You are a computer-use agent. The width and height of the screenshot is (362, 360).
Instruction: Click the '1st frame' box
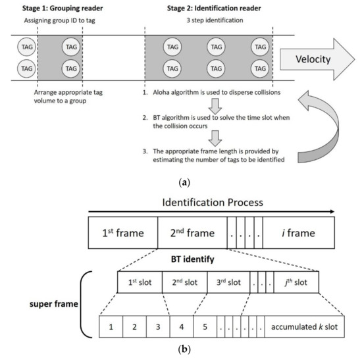pos(122,232)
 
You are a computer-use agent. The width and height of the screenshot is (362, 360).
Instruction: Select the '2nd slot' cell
pos(186,282)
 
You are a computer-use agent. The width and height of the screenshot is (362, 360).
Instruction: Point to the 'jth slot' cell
pos(296,282)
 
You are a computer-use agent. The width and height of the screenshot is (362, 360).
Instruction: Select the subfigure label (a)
pos(180,176)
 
